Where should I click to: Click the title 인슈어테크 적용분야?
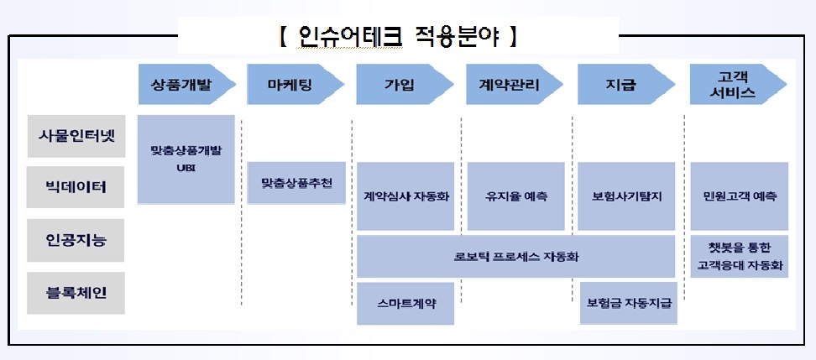[398, 36]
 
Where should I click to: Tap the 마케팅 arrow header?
[296, 84]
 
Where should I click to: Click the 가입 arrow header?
[405, 84]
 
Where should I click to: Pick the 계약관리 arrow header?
[515, 84]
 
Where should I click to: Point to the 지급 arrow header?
[626, 84]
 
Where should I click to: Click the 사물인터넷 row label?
[76, 136]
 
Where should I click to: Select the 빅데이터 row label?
[76, 187]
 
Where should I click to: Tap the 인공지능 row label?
[76, 240]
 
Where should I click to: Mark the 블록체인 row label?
[76, 293]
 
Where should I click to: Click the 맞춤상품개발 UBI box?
[186, 159]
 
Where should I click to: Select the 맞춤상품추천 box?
[296, 183]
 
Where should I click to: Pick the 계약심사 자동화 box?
[405, 196]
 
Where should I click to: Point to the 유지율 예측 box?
[515, 196]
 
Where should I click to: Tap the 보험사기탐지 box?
[626, 196]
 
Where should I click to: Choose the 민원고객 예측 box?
[740, 196]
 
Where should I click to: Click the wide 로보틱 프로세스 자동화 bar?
[515, 257]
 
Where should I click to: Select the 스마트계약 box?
[405, 304]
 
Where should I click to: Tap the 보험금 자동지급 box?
[629, 303]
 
